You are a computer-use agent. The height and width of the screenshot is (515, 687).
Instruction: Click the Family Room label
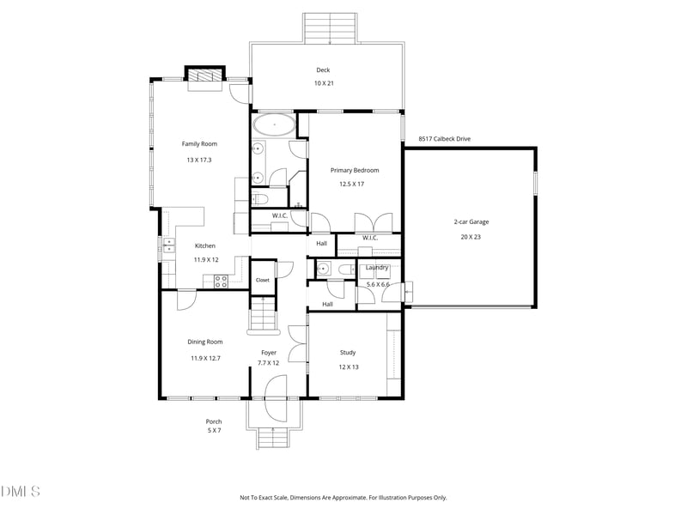click(199, 143)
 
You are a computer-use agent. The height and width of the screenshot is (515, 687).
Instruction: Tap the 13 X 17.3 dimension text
click(199, 160)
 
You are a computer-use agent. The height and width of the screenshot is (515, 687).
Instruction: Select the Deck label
click(323, 70)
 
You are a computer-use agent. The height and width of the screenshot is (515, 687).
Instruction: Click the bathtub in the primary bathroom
click(274, 124)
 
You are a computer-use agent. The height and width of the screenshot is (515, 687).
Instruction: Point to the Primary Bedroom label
click(355, 170)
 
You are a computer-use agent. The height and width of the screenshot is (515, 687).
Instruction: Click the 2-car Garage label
click(471, 222)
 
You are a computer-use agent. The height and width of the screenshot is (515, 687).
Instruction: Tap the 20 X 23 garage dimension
click(471, 237)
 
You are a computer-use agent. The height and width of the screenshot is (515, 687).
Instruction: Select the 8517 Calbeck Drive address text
click(444, 139)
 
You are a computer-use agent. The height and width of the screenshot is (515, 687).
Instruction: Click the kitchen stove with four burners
click(221, 282)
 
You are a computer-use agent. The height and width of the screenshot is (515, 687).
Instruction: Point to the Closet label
click(263, 280)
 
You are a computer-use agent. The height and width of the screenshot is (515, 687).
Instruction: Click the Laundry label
click(377, 267)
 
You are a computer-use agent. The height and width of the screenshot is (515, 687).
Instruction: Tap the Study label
click(348, 352)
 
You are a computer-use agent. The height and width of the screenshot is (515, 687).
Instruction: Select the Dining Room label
click(205, 342)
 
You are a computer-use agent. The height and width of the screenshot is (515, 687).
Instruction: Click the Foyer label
click(269, 353)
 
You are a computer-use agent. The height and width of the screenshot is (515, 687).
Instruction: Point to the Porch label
click(214, 421)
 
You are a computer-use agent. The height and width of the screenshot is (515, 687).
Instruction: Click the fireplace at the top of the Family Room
click(204, 76)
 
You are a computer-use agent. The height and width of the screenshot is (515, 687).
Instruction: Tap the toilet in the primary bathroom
click(259, 200)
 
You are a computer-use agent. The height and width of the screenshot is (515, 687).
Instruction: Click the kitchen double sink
click(168, 245)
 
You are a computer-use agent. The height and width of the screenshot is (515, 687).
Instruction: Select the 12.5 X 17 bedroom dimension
click(351, 185)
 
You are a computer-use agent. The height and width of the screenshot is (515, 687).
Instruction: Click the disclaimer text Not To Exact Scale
click(264, 498)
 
